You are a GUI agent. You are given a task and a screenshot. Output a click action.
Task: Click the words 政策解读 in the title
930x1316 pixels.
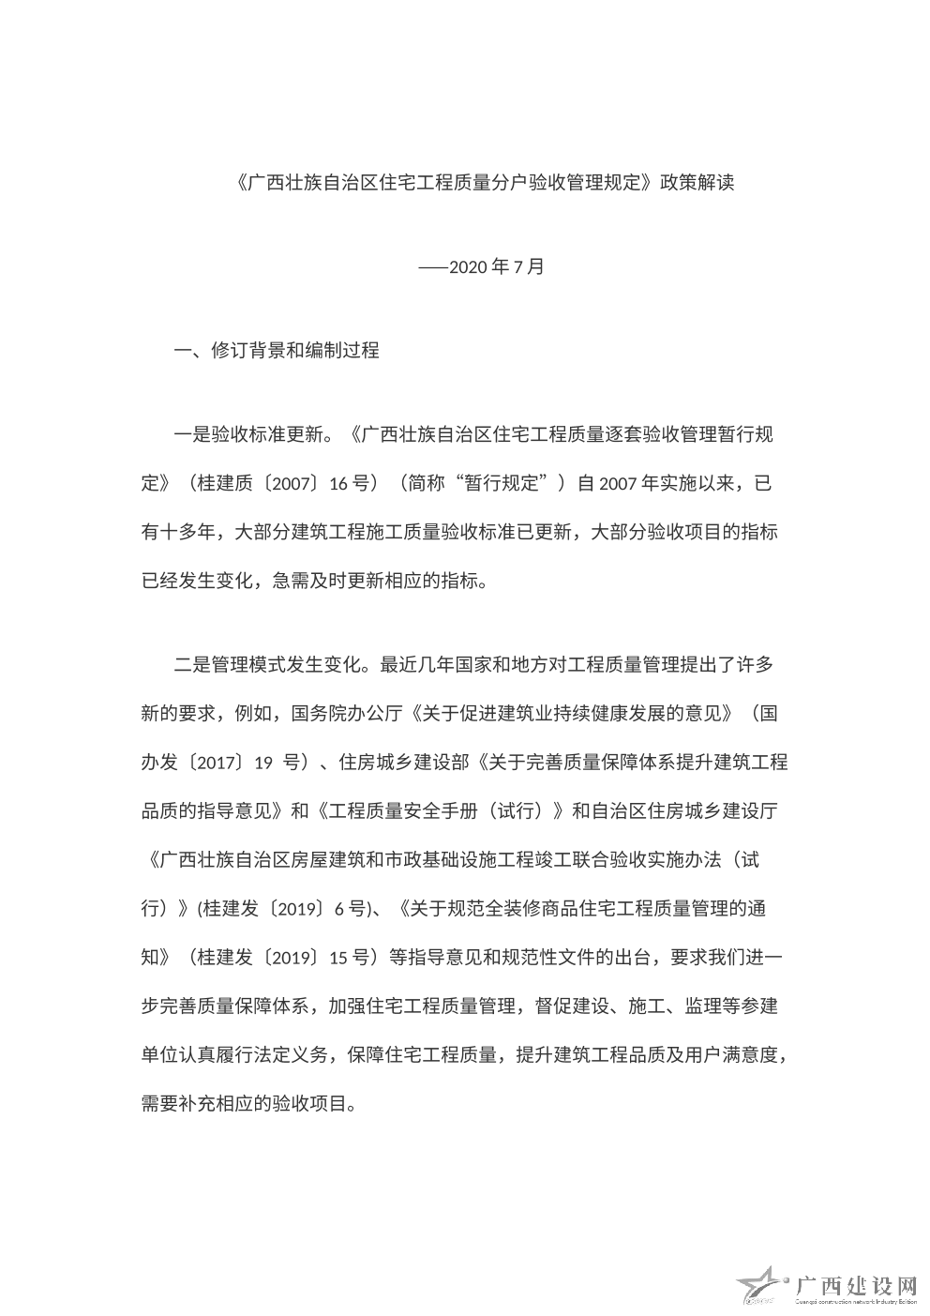(x=697, y=182)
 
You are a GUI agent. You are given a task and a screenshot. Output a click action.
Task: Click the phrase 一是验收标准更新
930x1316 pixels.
(x=249, y=435)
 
